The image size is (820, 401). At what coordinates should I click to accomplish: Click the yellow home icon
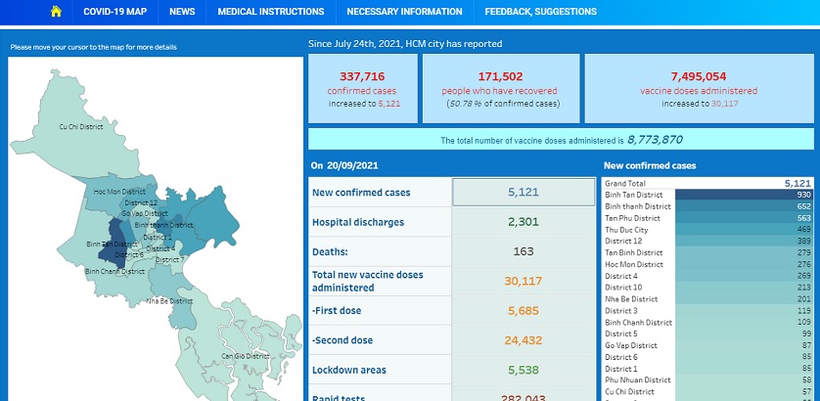pyautogui.click(x=56, y=12)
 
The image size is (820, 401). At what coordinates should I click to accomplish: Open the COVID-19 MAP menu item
pyautogui.click(x=114, y=12)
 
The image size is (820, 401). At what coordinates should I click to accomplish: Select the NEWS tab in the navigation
pyautogui.click(x=181, y=12)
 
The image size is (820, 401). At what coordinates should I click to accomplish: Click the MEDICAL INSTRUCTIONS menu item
pyautogui.click(x=270, y=12)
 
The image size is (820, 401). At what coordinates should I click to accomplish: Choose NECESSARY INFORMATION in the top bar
pyautogui.click(x=404, y=12)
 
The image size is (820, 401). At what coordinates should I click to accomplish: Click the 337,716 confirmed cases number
pyautogui.click(x=362, y=75)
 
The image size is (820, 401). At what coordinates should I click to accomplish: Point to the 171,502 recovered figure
pyautogui.click(x=500, y=75)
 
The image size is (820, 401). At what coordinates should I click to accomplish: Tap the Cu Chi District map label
pyautogui.click(x=81, y=126)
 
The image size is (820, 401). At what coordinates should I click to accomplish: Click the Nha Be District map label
pyautogui.click(x=169, y=301)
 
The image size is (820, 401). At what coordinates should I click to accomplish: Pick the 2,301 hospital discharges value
pyautogui.click(x=524, y=222)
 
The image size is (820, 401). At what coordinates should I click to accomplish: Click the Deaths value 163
pyautogui.click(x=524, y=251)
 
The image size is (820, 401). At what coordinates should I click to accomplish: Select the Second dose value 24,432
pyautogui.click(x=524, y=340)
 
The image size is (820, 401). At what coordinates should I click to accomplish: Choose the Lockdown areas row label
pyautogui.click(x=348, y=370)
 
